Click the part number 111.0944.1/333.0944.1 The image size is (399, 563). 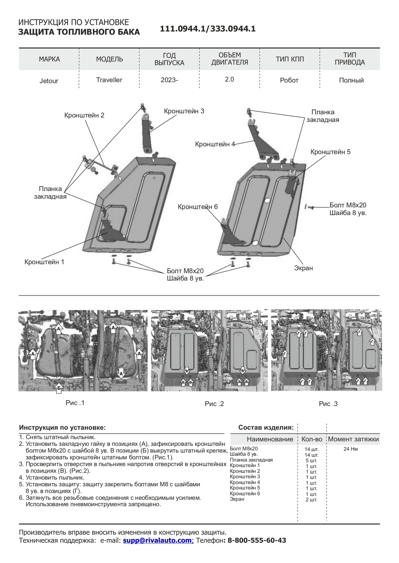click(208, 29)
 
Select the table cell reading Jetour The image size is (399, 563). click(49, 81)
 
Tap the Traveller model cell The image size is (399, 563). click(109, 80)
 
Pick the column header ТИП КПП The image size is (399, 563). click(290, 59)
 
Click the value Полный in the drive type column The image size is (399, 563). click(351, 80)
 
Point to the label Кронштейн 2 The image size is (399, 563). click(84, 115)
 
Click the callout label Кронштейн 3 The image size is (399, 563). click(184, 111)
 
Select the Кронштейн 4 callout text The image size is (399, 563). click(215, 144)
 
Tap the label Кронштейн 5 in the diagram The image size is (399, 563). click(330, 152)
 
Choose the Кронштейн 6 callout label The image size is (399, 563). click(197, 207)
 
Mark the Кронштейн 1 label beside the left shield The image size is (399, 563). click(44, 262)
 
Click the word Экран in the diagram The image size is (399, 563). click(303, 268)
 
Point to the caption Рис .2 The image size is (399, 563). click(214, 404)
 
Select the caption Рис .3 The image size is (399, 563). click(328, 404)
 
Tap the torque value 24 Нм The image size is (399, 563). click(350, 449)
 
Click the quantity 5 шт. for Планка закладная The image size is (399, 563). click(311, 461)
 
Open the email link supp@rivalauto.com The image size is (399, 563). click(157, 540)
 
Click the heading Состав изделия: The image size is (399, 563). click(266, 428)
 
